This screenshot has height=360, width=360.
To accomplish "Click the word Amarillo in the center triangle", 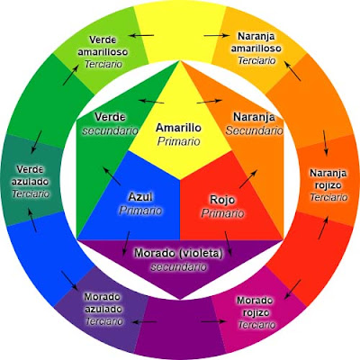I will [x=177, y=128].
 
